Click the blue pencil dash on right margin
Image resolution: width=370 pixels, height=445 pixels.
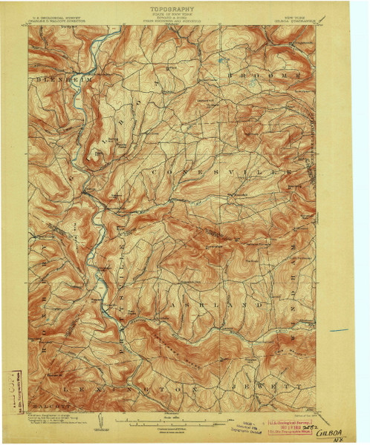(340, 329)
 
